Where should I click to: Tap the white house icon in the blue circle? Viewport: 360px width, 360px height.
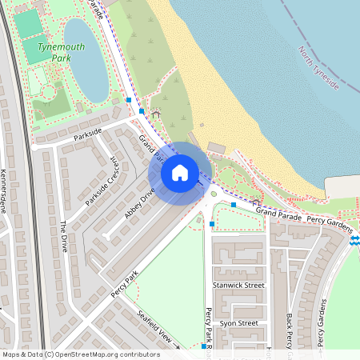[x=180, y=173]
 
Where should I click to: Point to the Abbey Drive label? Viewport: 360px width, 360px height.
[x=138, y=204]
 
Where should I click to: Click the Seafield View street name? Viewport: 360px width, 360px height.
[x=155, y=328]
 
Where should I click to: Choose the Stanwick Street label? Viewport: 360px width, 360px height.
[x=238, y=285]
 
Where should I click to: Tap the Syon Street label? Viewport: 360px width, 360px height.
[x=238, y=323]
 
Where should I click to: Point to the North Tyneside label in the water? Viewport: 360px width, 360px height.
[x=319, y=69]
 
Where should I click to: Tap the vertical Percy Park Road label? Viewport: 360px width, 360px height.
[x=209, y=328]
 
